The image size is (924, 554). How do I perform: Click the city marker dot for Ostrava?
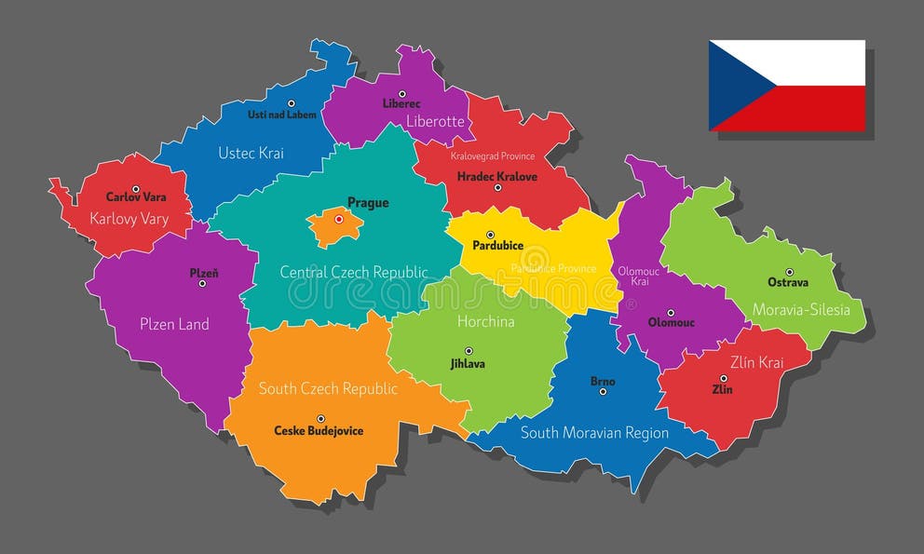point(789,272)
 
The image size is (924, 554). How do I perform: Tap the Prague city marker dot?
point(339,220)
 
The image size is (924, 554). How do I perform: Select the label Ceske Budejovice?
point(319,431)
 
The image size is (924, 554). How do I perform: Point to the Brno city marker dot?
point(603,392)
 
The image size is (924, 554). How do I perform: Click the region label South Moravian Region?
point(594,433)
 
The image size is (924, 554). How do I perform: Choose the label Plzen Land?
point(174,324)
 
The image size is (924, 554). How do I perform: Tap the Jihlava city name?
point(468,364)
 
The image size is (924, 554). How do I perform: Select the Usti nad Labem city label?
point(282,115)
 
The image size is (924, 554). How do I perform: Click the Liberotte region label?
point(435,121)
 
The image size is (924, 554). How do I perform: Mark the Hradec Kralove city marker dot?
point(497,187)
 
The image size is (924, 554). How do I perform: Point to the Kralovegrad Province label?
point(493,156)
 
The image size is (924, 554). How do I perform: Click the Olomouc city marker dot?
point(670,313)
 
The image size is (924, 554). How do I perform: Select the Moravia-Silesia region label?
point(801,309)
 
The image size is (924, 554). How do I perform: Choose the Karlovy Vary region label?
point(129,219)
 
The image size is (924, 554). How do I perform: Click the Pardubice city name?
point(497,246)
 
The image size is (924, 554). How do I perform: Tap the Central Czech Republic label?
point(354,272)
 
